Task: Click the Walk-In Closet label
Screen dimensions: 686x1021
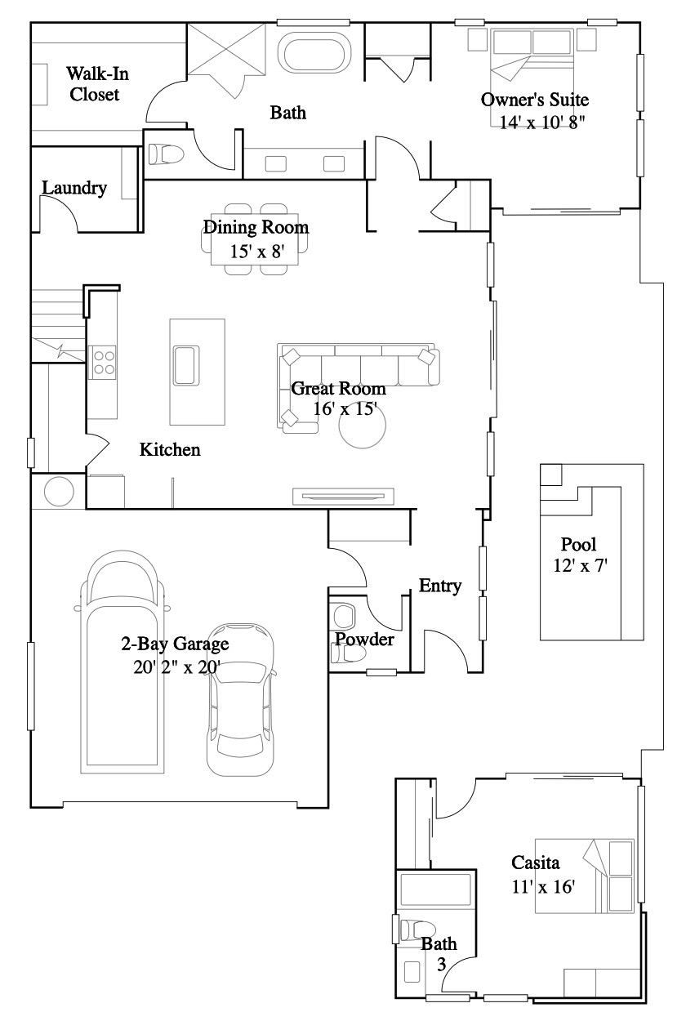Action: click(97, 84)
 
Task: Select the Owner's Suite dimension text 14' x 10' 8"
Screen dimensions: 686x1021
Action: click(542, 123)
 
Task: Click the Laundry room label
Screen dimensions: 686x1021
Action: click(74, 188)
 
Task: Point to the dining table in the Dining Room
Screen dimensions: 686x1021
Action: click(255, 239)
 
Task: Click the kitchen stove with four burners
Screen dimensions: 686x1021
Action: click(102, 363)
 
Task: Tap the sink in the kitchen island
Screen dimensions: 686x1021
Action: click(186, 366)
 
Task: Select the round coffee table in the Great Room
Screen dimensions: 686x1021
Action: click(363, 426)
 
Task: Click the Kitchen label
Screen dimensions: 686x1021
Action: click(170, 449)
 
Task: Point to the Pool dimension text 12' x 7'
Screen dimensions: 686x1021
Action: click(581, 566)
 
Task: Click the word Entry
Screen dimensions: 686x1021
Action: click(440, 586)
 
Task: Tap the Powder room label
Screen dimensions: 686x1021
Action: click(364, 639)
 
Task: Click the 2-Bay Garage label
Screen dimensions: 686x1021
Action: click(175, 644)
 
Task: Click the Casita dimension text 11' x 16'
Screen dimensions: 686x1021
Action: click(543, 886)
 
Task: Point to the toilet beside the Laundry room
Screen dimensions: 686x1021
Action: click(166, 154)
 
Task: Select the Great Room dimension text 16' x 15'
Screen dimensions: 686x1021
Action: click(345, 409)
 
